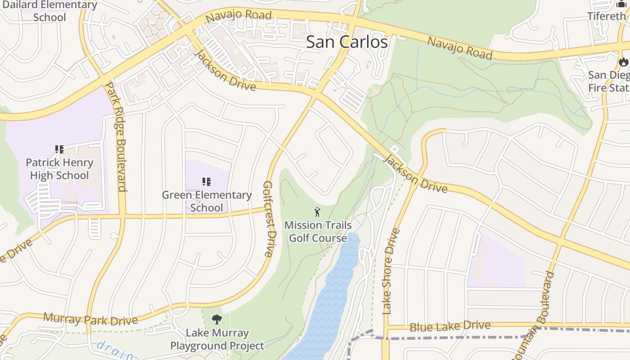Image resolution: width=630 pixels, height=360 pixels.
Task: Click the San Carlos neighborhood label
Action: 346,42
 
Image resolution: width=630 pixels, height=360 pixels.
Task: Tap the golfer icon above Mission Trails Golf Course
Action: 317,211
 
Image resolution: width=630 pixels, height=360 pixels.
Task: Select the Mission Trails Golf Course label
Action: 318,231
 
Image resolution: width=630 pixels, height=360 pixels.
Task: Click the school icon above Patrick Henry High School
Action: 59,149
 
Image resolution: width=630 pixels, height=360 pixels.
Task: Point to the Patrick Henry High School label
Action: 59,169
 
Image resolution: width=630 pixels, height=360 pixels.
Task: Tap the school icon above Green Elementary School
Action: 207,182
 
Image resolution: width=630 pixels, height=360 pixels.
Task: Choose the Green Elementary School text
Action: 207,201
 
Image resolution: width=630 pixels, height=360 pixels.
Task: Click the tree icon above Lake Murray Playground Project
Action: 217,319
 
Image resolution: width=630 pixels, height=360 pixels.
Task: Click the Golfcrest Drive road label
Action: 269,219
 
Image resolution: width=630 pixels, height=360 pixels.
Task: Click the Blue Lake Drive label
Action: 450,326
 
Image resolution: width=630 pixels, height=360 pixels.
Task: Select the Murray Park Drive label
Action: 90,319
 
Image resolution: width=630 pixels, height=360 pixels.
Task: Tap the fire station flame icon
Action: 623,62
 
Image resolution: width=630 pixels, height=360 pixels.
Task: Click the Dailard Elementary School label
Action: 49,11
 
